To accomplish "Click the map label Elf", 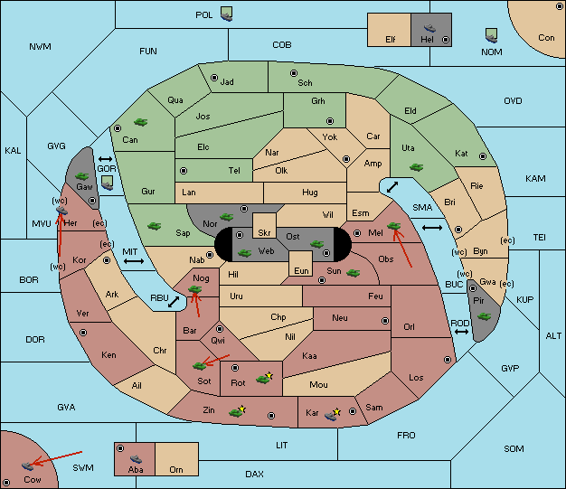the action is [391, 40].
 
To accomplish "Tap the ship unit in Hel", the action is [429, 28].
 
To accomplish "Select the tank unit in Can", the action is [140, 122].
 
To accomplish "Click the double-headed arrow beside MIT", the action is [134, 261].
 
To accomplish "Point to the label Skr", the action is [264, 233].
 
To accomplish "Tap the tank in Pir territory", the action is [484, 316].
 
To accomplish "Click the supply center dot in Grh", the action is [330, 120].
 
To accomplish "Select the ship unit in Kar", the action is [331, 416].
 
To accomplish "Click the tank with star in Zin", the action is [236, 412].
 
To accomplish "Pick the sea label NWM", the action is [40, 47].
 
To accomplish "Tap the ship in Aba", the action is [136, 458].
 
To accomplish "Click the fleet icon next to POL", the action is [227, 14].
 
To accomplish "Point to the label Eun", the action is [301, 271].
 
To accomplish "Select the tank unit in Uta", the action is [416, 167].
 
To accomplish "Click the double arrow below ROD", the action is [461, 332].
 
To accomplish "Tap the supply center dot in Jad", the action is [214, 78].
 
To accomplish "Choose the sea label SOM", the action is [514, 448].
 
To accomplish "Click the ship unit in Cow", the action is [27, 466].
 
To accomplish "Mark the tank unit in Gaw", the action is [81, 175].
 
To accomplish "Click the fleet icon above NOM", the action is [491, 36].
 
